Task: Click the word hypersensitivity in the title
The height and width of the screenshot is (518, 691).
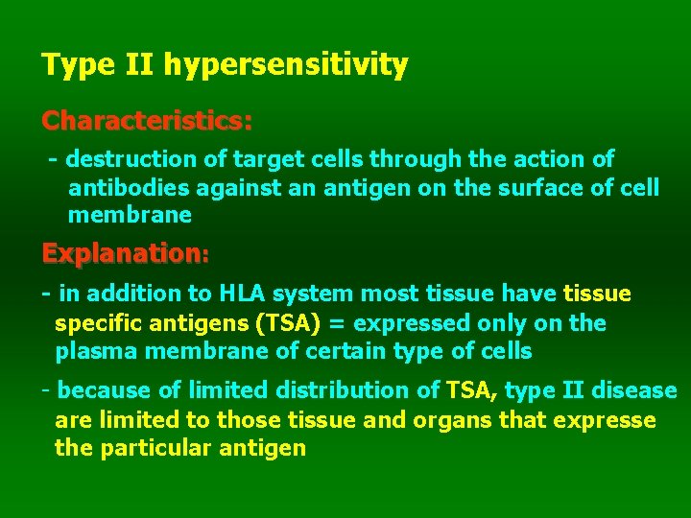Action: click(285, 66)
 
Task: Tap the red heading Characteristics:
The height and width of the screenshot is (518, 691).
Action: click(147, 122)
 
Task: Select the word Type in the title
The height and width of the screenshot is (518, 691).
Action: click(70, 66)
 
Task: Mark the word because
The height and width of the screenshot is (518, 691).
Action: click(105, 390)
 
